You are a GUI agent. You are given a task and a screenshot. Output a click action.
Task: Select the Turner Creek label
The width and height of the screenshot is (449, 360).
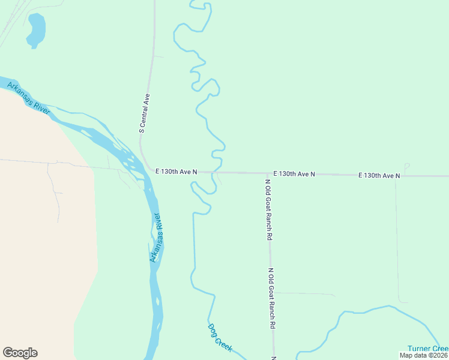(427, 349)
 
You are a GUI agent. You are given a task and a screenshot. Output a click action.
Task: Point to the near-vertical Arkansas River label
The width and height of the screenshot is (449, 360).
(157, 237)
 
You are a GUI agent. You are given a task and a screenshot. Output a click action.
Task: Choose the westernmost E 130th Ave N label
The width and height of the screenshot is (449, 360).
(175, 172)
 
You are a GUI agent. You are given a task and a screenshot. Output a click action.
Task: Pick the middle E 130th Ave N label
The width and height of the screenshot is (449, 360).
(294, 173)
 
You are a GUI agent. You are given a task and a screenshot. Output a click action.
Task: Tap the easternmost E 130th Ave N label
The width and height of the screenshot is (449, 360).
(379, 175)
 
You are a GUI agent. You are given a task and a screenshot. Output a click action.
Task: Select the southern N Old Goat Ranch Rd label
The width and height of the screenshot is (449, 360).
(272, 298)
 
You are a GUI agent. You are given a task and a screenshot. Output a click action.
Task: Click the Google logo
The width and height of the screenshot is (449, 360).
(20, 353)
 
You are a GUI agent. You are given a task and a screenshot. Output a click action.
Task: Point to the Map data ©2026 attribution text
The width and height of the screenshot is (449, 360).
(424, 355)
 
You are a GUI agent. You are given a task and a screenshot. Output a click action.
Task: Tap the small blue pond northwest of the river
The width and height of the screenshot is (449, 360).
(35, 30)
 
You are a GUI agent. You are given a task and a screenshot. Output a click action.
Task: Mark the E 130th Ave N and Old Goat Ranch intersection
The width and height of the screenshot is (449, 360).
(267, 173)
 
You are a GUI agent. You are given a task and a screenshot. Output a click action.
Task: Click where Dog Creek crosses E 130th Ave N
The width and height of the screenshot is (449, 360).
(215, 172)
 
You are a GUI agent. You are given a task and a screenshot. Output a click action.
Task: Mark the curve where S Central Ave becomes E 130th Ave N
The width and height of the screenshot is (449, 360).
(144, 160)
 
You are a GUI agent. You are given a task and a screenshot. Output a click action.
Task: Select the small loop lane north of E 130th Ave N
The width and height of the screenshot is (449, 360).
(406, 166)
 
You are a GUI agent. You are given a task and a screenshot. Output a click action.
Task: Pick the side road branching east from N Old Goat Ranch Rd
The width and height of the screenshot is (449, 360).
(303, 293)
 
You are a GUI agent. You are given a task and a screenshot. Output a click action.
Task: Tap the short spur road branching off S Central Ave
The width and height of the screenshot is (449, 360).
(158, 56)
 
